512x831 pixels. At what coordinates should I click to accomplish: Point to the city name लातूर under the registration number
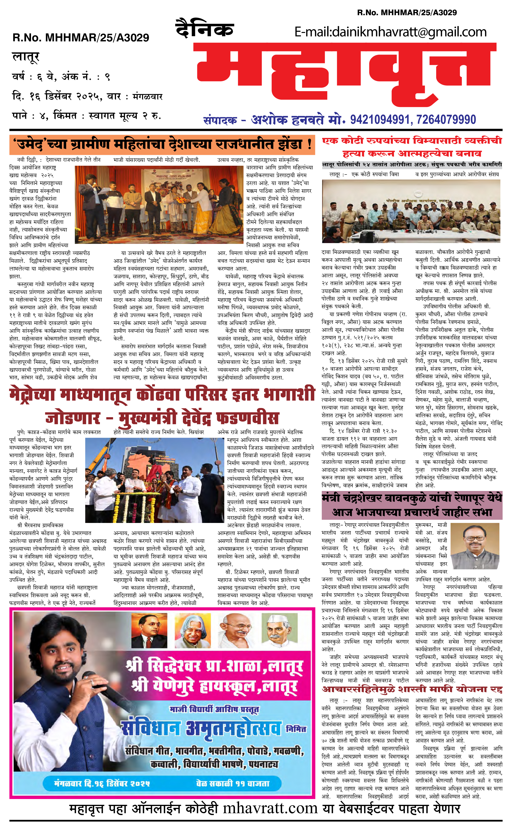[26, 57]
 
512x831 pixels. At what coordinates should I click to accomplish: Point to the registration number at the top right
[407, 13]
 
